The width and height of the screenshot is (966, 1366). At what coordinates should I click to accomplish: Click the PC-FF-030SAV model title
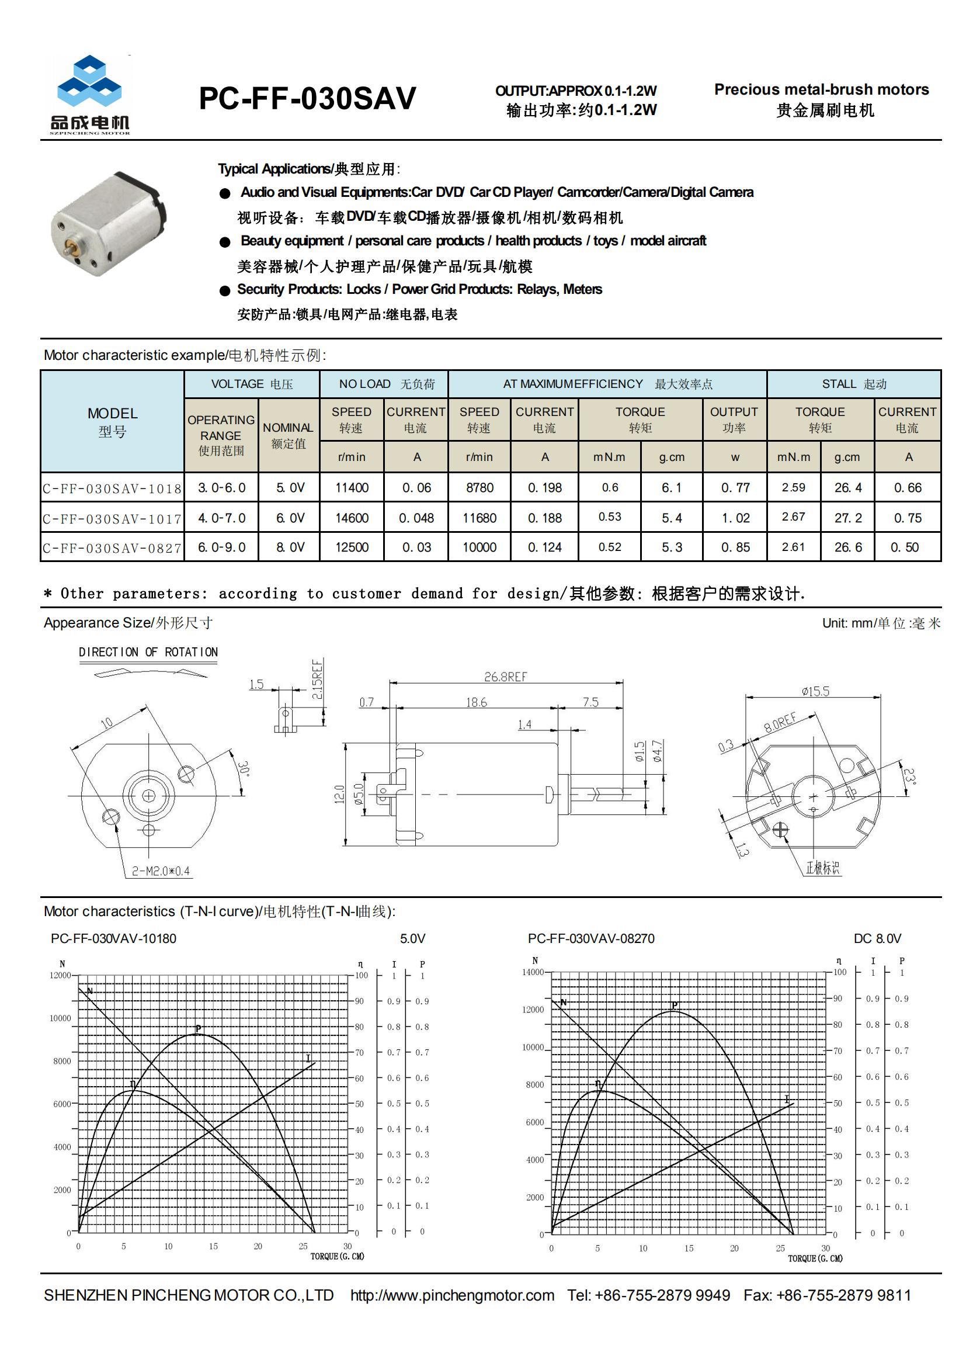(x=307, y=99)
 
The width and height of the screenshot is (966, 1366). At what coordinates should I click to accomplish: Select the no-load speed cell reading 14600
(x=352, y=518)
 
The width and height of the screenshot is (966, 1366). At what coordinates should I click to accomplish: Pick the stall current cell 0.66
(x=907, y=488)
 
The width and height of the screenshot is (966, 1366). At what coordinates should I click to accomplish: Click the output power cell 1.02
(x=735, y=518)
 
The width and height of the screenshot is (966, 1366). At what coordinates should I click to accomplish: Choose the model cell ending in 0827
(x=112, y=548)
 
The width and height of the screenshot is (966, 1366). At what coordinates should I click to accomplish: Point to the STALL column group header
(x=854, y=384)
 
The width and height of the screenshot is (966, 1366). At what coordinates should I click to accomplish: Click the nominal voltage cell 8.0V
(x=290, y=547)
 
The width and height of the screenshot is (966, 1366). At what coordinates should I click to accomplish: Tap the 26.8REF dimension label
(x=505, y=677)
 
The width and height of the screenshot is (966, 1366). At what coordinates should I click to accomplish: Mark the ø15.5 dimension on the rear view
(x=815, y=691)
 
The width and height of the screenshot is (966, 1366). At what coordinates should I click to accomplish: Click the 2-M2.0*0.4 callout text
(x=161, y=872)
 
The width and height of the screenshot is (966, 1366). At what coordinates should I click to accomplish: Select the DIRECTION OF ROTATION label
(x=148, y=652)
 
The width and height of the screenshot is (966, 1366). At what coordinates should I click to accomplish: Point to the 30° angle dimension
(x=244, y=769)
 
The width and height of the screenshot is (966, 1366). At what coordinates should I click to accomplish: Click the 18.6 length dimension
(x=477, y=702)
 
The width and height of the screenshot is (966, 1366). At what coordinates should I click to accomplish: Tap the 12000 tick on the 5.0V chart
(x=60, y=975)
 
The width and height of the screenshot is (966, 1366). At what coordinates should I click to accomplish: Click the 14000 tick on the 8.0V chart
(x=533, y=972)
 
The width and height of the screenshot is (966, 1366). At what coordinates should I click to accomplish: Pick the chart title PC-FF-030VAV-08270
(x=590, y=938)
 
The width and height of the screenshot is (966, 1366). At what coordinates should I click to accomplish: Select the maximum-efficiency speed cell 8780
(x=479, y=488)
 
